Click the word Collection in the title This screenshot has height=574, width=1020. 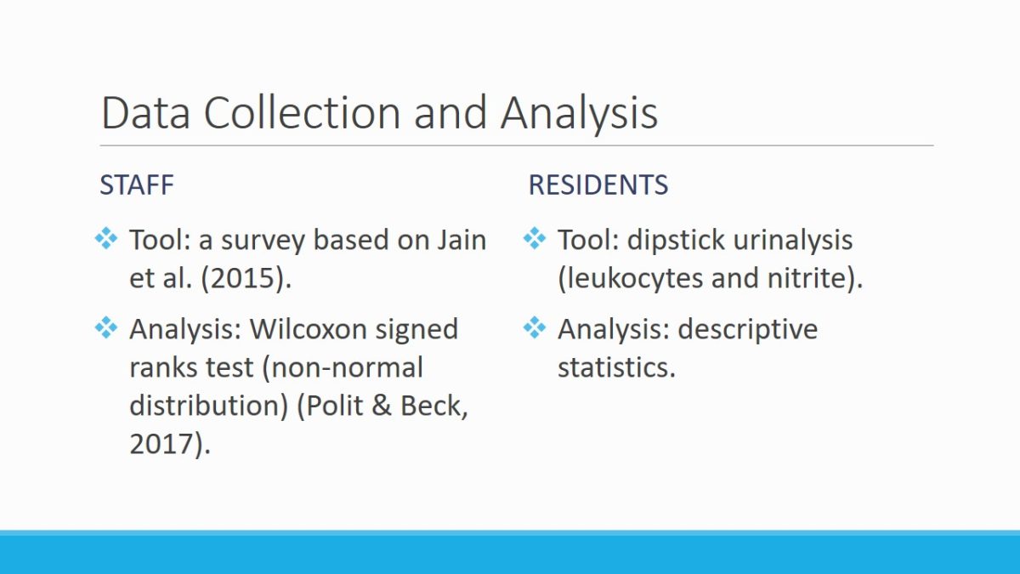[x=302, y=112]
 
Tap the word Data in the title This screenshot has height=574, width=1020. [x=145, y=112]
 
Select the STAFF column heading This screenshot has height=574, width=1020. [x=137, y=185]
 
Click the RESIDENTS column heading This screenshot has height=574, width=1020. [x=598, y=185]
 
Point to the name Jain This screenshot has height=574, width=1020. [x=462, y=240]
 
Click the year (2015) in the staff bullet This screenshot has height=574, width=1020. [x=246, y=278]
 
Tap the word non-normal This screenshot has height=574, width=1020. [x=343, y=367]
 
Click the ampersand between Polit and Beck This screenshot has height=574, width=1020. [x=382, y=406]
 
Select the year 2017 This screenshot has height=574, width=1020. [x=170, y=444]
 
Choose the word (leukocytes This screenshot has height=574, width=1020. [x=630, y=278]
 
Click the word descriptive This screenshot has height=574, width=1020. [x=748, y=330]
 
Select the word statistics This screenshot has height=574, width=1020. [x=616, y=367]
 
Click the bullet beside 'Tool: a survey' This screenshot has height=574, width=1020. [x=106, y=238]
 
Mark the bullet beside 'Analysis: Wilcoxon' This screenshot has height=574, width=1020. [x=106, y=327]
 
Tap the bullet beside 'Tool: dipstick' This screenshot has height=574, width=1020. [x=535, y=238]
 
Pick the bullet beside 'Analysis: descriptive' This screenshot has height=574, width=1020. [x=535, y=327]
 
